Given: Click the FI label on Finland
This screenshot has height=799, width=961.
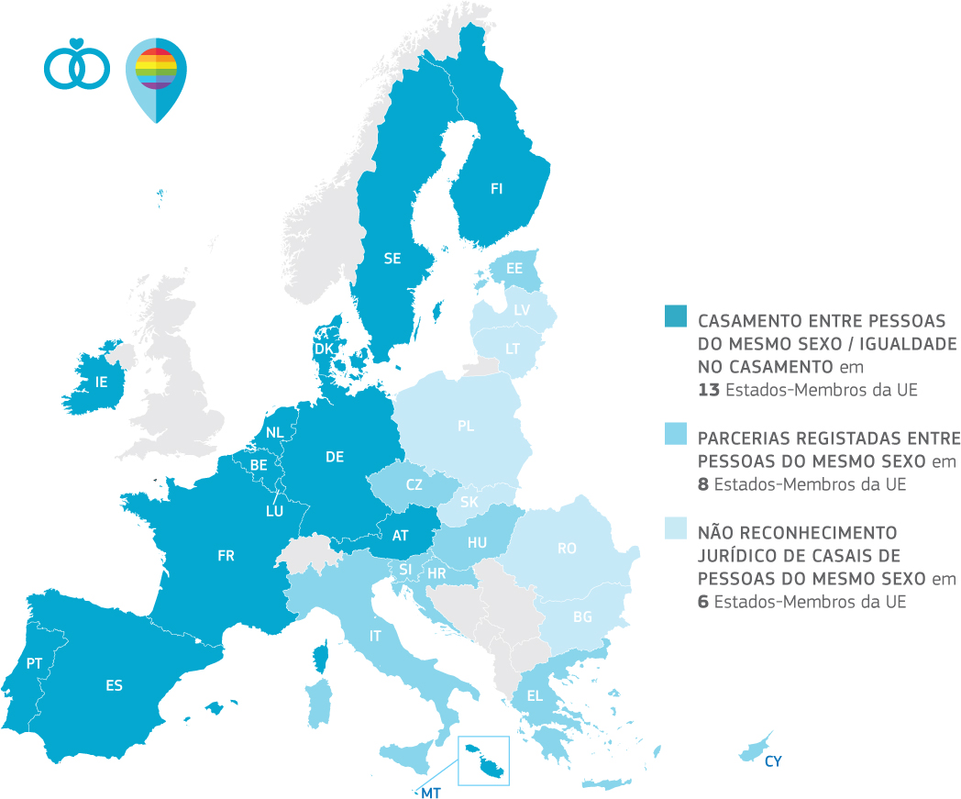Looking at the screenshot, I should (496, 189).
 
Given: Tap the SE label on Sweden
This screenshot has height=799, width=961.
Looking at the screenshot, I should (392, 259).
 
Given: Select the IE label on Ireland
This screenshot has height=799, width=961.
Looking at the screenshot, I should (103, 383).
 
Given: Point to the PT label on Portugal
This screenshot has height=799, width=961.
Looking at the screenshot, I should (35, 663).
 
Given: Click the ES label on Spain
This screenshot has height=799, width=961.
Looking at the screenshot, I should (114, 685).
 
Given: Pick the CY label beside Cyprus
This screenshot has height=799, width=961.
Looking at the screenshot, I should (772, 761).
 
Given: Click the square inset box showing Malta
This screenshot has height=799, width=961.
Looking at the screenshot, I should (483, 760).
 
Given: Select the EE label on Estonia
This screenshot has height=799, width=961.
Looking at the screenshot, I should (514, 269).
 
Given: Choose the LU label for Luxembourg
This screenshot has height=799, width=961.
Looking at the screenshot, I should (274, 511).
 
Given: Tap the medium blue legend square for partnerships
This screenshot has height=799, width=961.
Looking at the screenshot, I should (674, 434).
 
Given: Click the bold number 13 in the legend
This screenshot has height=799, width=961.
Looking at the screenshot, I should (709, 389).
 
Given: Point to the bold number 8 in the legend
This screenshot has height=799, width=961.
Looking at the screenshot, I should (703, 484).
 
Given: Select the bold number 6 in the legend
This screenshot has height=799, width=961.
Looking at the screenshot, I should (703, 602).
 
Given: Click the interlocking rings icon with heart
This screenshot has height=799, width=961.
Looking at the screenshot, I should (77, 64).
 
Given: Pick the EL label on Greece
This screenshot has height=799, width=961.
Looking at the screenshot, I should (535, 695).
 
